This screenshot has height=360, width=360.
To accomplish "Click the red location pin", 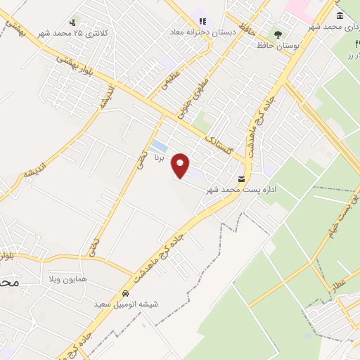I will coord(181,165).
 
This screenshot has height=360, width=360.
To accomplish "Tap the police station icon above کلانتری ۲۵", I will coord(72,22).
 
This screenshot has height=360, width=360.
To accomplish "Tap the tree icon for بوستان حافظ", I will coord(278,33).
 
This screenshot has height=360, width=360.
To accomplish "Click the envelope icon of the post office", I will coord(242,179).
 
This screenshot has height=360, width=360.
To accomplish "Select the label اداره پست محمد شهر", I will coord(237,190).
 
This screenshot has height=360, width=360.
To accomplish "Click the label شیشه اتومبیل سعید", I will coord(125,304).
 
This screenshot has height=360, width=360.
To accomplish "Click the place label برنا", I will coord(160,159).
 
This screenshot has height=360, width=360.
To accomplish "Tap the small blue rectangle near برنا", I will coord(159,146).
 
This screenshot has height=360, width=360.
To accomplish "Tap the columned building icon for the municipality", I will coord(340,15).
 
